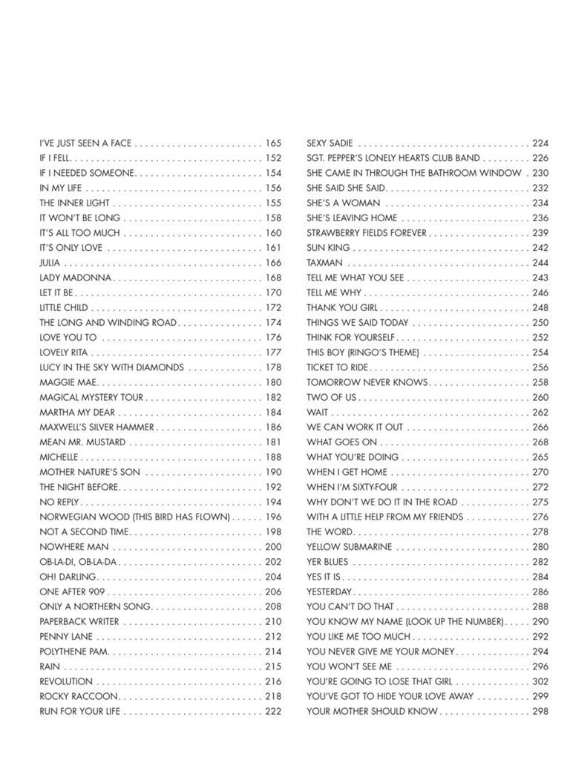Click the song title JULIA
point(50,263)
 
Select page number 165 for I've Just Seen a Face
point(273,142)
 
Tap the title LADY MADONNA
point(75,278)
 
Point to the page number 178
point(273,367)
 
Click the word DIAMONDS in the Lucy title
point(161,367)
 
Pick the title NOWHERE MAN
point(73,547)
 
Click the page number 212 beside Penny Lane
point(273,637)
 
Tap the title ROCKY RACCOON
point(78,696)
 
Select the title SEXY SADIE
point(330,142)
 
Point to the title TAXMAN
point(324,263)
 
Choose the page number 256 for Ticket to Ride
point(540,367)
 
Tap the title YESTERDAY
point(329,592)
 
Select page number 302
point(540,681)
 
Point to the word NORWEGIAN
point(65,517)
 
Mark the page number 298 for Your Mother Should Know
point(540,711)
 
